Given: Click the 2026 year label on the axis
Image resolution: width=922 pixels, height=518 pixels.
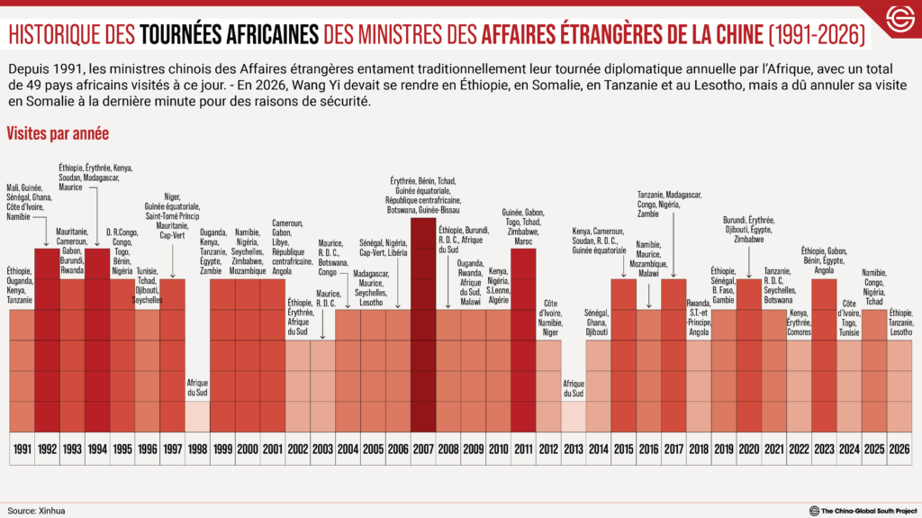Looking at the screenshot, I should [x=899, y=448].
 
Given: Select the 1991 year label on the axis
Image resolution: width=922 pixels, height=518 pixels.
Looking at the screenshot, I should [x=22, y=448].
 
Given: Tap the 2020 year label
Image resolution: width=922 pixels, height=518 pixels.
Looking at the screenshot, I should [x=748, y=448].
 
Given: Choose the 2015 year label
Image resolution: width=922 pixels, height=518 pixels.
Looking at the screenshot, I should [x=623, y=448].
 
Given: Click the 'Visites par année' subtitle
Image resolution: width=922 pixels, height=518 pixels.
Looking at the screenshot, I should [x=58, y=133].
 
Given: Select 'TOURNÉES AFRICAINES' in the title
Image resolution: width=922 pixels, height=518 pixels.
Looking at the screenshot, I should [x=230, y=35].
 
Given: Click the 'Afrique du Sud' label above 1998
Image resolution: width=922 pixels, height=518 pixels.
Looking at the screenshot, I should [x=196, y=386].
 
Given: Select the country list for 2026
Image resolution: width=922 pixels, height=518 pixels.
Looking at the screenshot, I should [x=899, y=323].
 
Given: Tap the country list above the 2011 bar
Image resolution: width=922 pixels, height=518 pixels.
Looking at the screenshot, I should [x=523, y=224].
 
